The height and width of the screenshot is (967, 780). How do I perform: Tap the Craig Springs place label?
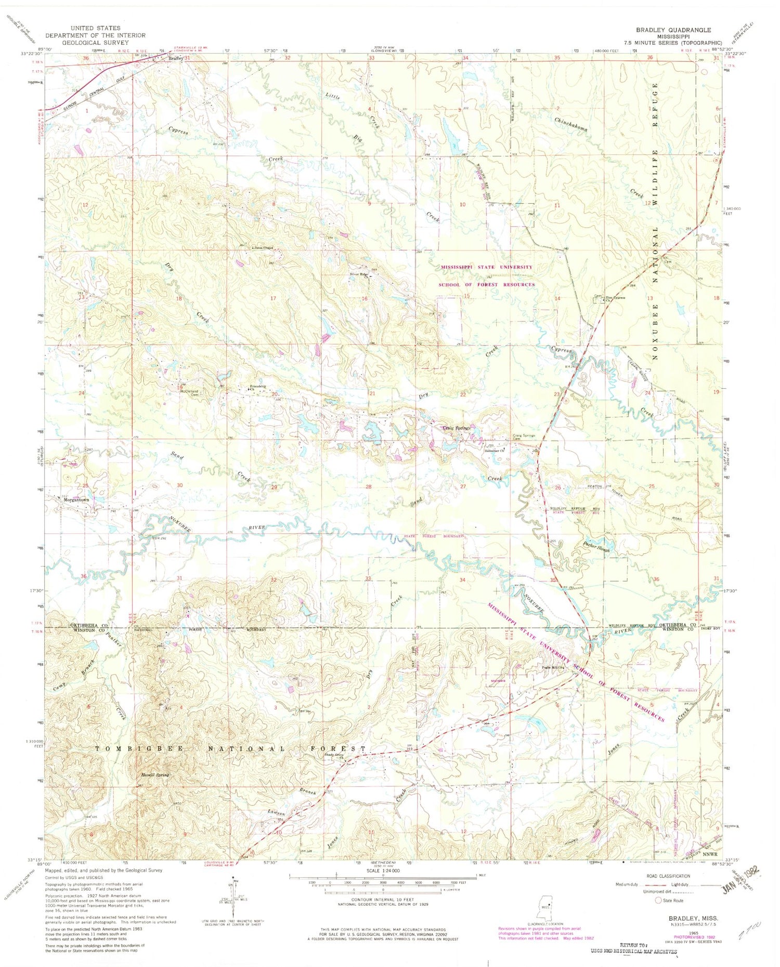click(x=456, y=428)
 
